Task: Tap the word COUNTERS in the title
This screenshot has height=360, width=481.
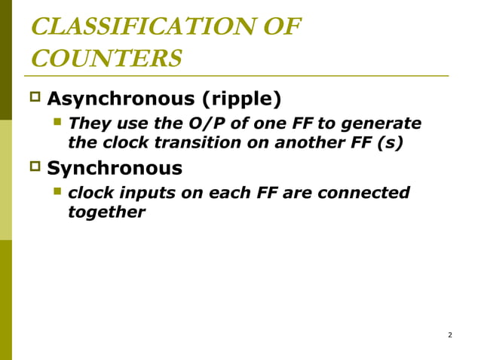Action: pos(106,58)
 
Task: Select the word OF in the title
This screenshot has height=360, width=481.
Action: pos(278,27)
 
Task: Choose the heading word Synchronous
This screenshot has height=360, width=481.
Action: pos(115,167)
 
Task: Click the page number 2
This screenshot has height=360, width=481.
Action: pos(449,334)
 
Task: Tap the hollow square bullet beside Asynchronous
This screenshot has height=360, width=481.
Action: pos(35,98)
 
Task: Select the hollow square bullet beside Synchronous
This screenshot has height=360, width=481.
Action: pos(35,166)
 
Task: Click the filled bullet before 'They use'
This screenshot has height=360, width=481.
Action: pos(57,122)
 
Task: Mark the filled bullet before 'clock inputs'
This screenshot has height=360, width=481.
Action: pos(57,191)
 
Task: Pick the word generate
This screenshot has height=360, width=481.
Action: pos(381,123)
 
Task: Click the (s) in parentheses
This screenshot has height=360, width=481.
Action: pos(388,142)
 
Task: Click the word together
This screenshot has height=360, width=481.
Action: pos(106,212)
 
